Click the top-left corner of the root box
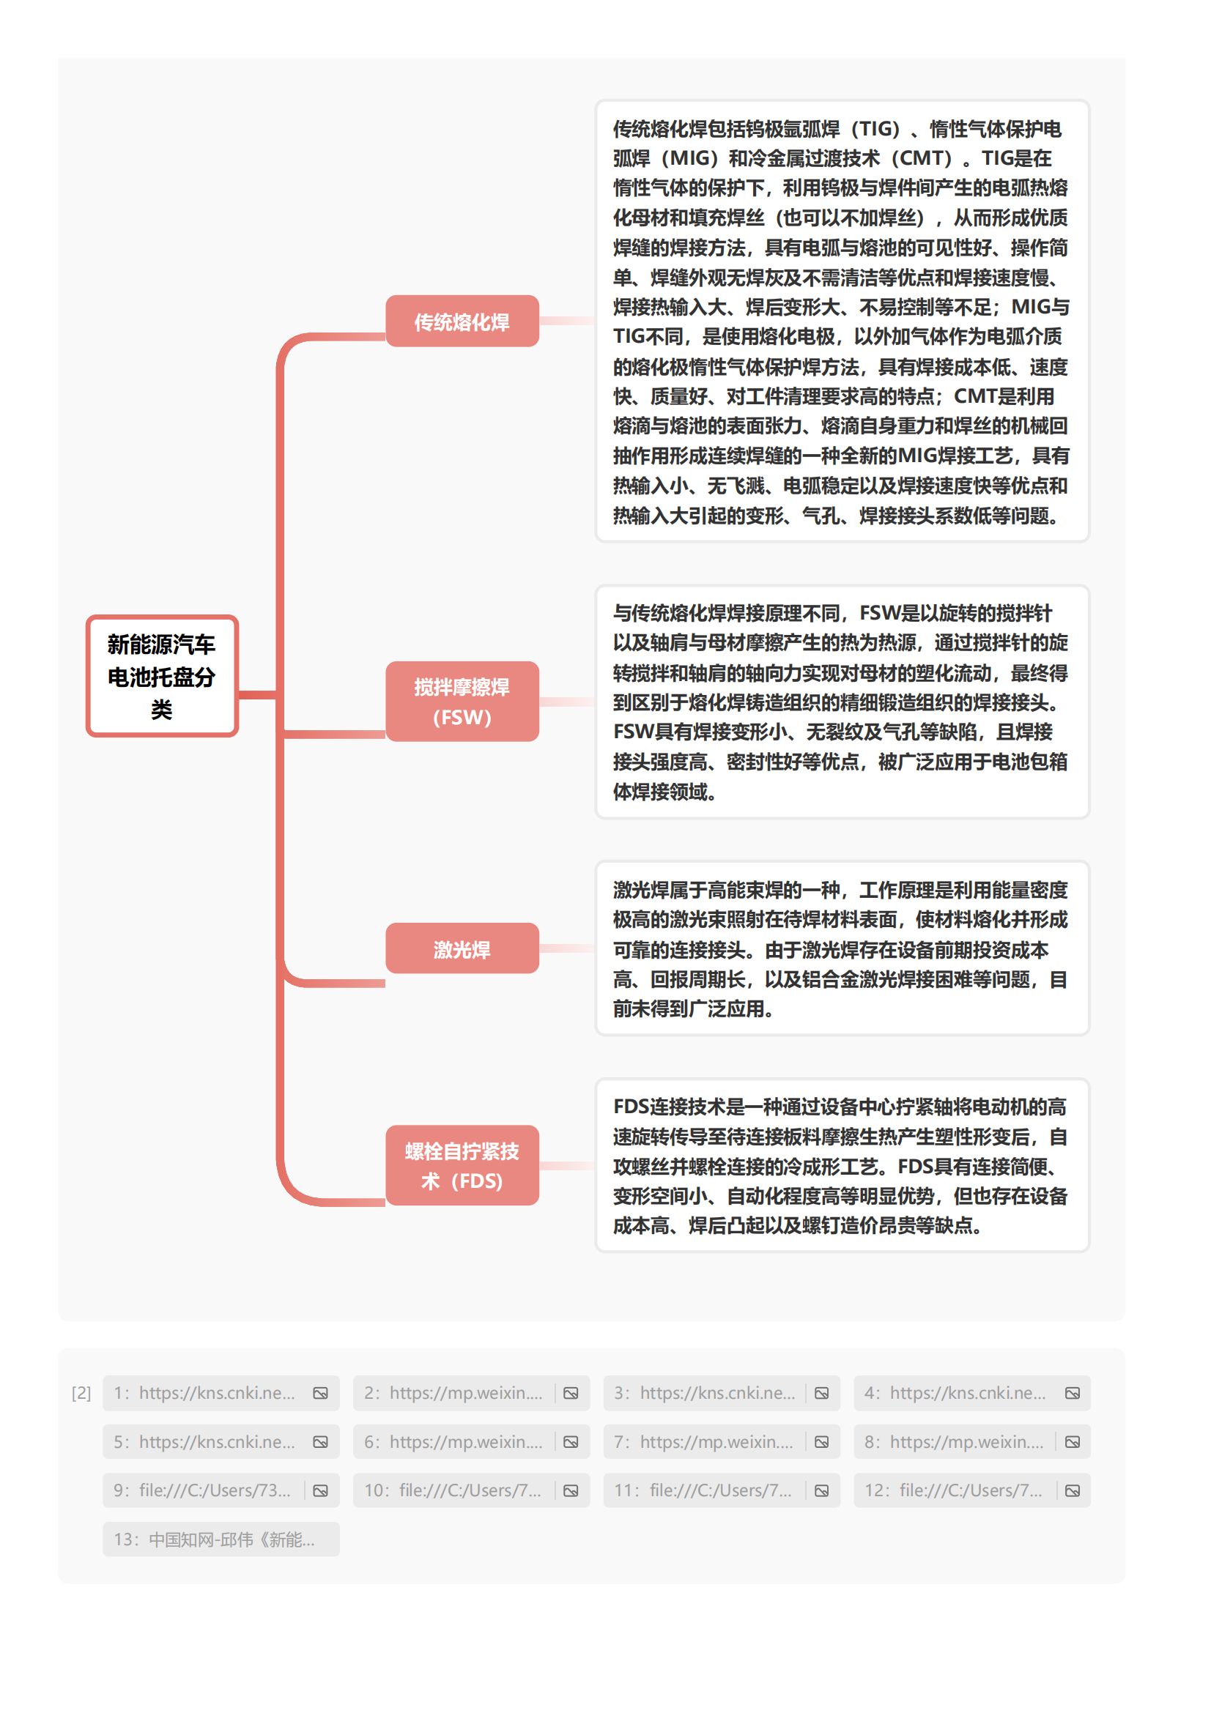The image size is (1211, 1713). point(87,616)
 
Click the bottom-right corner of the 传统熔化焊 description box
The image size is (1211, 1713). point(1089,541)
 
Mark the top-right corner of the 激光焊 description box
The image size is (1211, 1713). point(1089,863)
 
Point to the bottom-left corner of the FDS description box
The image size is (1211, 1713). point(596,1250)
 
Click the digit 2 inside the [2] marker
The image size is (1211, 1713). point(81,1393)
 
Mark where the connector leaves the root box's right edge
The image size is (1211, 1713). point(239,695)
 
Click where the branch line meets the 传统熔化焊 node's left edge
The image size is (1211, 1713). point(386,336)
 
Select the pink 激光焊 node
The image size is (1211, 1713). point(462,948)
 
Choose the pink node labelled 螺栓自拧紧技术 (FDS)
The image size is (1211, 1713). point(462,1165)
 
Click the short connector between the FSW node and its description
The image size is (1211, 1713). point(566,702)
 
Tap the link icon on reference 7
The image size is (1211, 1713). point(821,1442)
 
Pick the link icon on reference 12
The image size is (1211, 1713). point(1073,1490)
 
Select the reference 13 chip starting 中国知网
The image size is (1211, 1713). point(221,1539)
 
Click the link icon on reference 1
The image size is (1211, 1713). point(320,1393)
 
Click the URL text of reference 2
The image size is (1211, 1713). point(466,1393)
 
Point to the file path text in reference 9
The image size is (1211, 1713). point(215,1490)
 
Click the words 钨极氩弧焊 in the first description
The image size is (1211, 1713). point(794,129)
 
